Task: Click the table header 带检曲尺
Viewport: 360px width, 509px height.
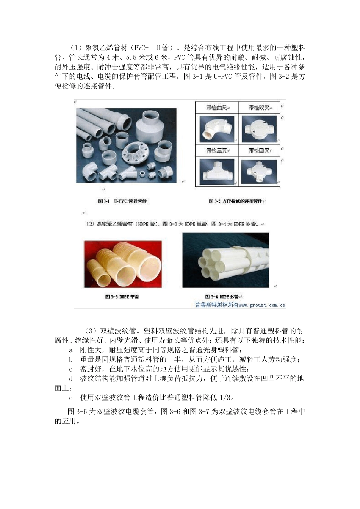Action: coord(217,108)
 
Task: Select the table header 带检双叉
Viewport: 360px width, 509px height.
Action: coord(259,108)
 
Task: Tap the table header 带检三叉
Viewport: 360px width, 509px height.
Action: coord(217,150)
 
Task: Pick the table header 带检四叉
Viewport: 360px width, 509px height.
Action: coord(259,150)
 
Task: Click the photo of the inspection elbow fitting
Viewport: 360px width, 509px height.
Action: coord(217,129)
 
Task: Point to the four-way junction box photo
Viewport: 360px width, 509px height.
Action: coord(259,172)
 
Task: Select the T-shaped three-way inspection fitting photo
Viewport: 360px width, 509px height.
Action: coord(217,172)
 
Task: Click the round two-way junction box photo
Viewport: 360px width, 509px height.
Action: coord(259,129)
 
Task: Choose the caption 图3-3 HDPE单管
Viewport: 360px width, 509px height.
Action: coord(122,297)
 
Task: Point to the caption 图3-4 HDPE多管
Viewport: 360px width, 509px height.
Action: coord(223,297)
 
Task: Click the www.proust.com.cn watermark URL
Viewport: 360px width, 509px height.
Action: coord(262,304)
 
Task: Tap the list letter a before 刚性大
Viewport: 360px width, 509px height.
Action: coord(70,350)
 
